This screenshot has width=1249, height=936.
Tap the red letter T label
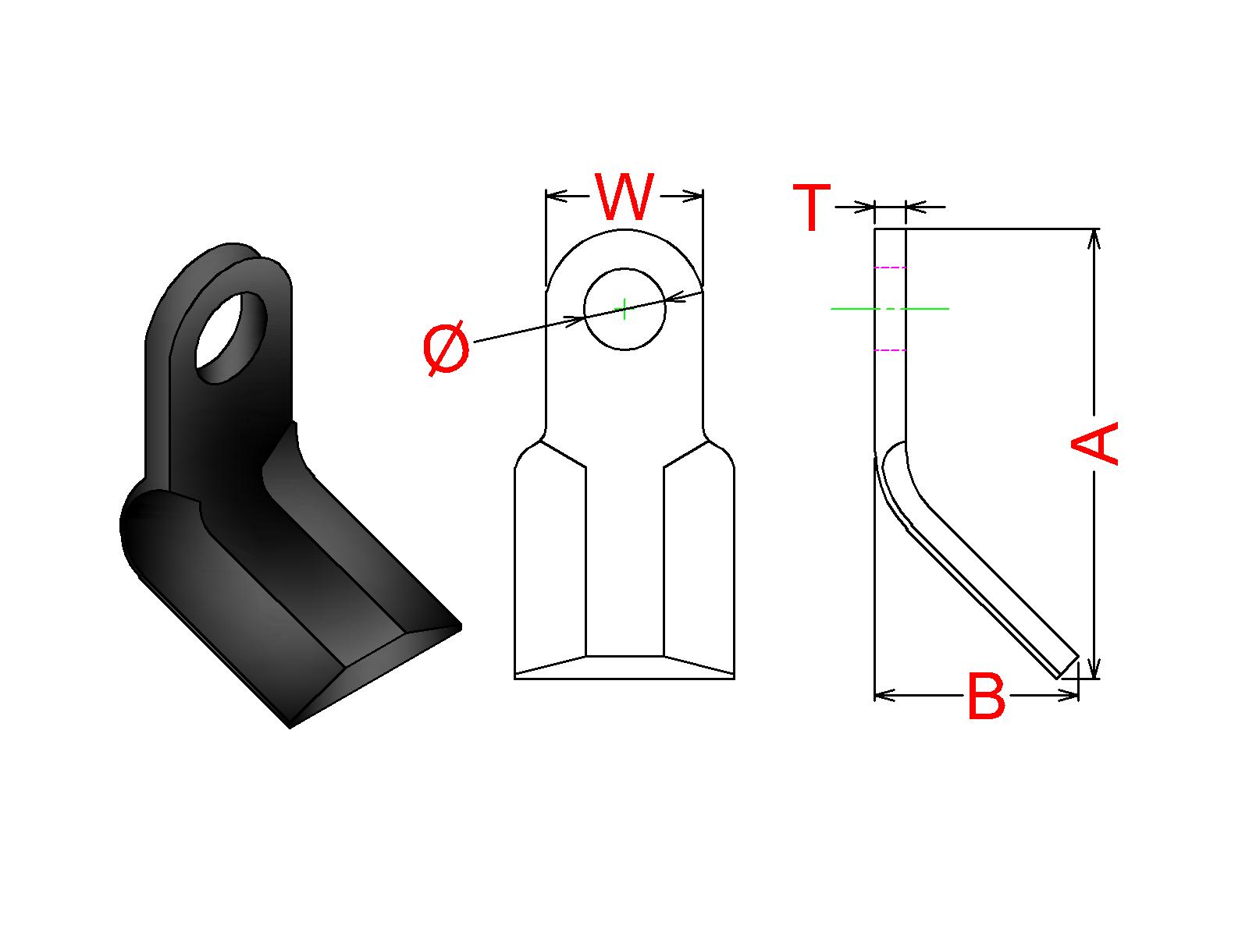pyautogui.click(x=811, y=207)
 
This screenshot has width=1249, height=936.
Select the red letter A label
pyautogui.click(x=1094, y=443)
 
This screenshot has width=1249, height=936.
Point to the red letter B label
pyautogui.click(x=986, y=697)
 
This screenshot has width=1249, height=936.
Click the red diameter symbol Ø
pyautogui.click(x=447, y=347)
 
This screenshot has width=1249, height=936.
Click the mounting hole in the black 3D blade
pyautogui.click(x=231, y=339)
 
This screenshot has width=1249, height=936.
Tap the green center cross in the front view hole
pyautogui.click(x=624, y=309)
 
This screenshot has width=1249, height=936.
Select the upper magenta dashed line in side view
pyautogui.click(x=890, y=267)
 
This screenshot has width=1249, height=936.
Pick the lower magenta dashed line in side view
pyautogui.click(x=890, y=350)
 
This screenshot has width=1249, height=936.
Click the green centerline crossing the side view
pyautogui.click(x=890, y=309)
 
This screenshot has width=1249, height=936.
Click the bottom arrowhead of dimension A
pyautogui.click(x=1094, y=668)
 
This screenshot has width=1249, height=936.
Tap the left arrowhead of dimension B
pyautogui.click(x=884, y=695)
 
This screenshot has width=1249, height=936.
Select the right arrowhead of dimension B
pyautogui.click(x=1068, y=695)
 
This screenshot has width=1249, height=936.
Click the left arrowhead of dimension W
pyautogui.click(x=557, y=196)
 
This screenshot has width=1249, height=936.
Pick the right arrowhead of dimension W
pyautogui.click(x=692, y=196)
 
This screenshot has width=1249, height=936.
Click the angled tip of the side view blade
pyautogui.click(x=1067, y=667)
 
